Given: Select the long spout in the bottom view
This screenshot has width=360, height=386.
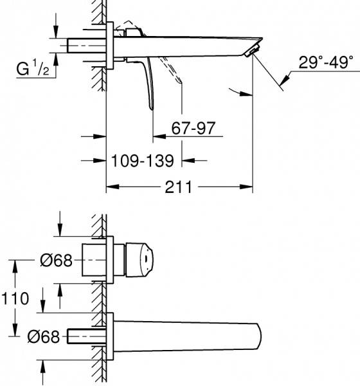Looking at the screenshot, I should (193, 335).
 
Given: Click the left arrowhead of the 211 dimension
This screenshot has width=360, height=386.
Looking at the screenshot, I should (110, 187).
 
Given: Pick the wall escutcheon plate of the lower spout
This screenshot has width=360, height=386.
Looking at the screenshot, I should (110, 335).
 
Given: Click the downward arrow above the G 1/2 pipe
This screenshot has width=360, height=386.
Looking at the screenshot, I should (57, 33).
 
